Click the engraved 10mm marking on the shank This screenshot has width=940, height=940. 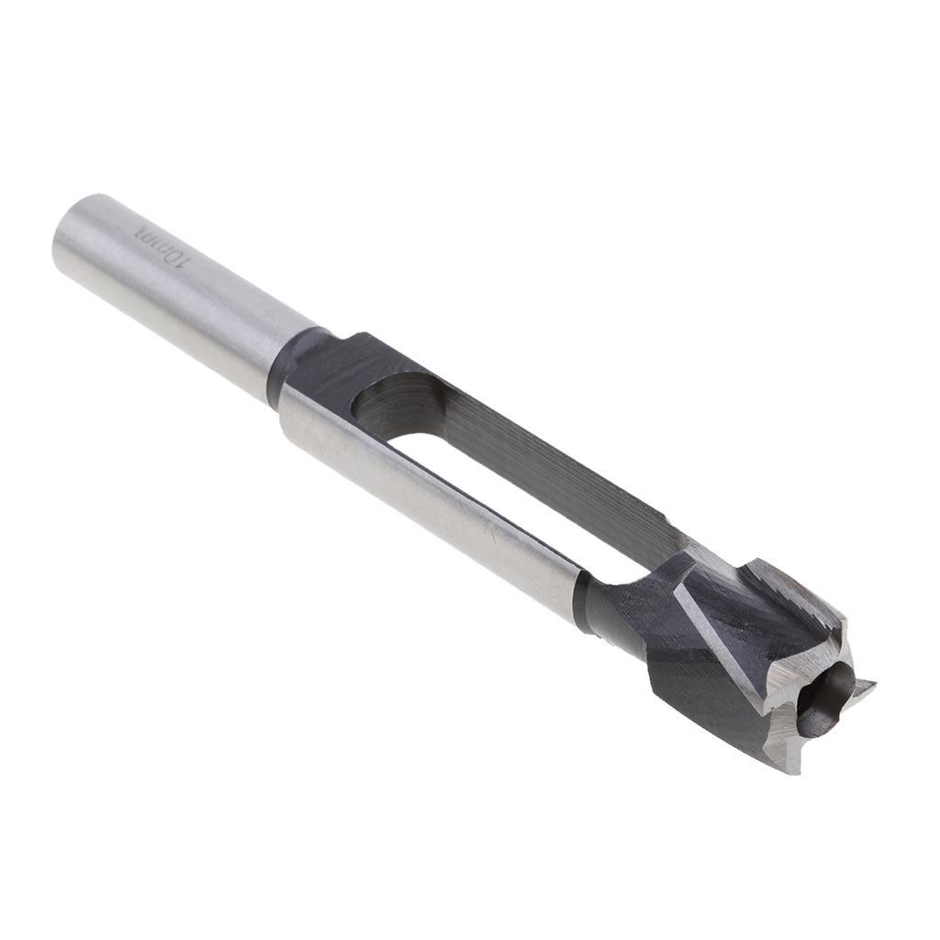[162, 246]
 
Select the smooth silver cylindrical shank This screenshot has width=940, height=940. [184, 294]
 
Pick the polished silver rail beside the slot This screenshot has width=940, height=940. [431, 487]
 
